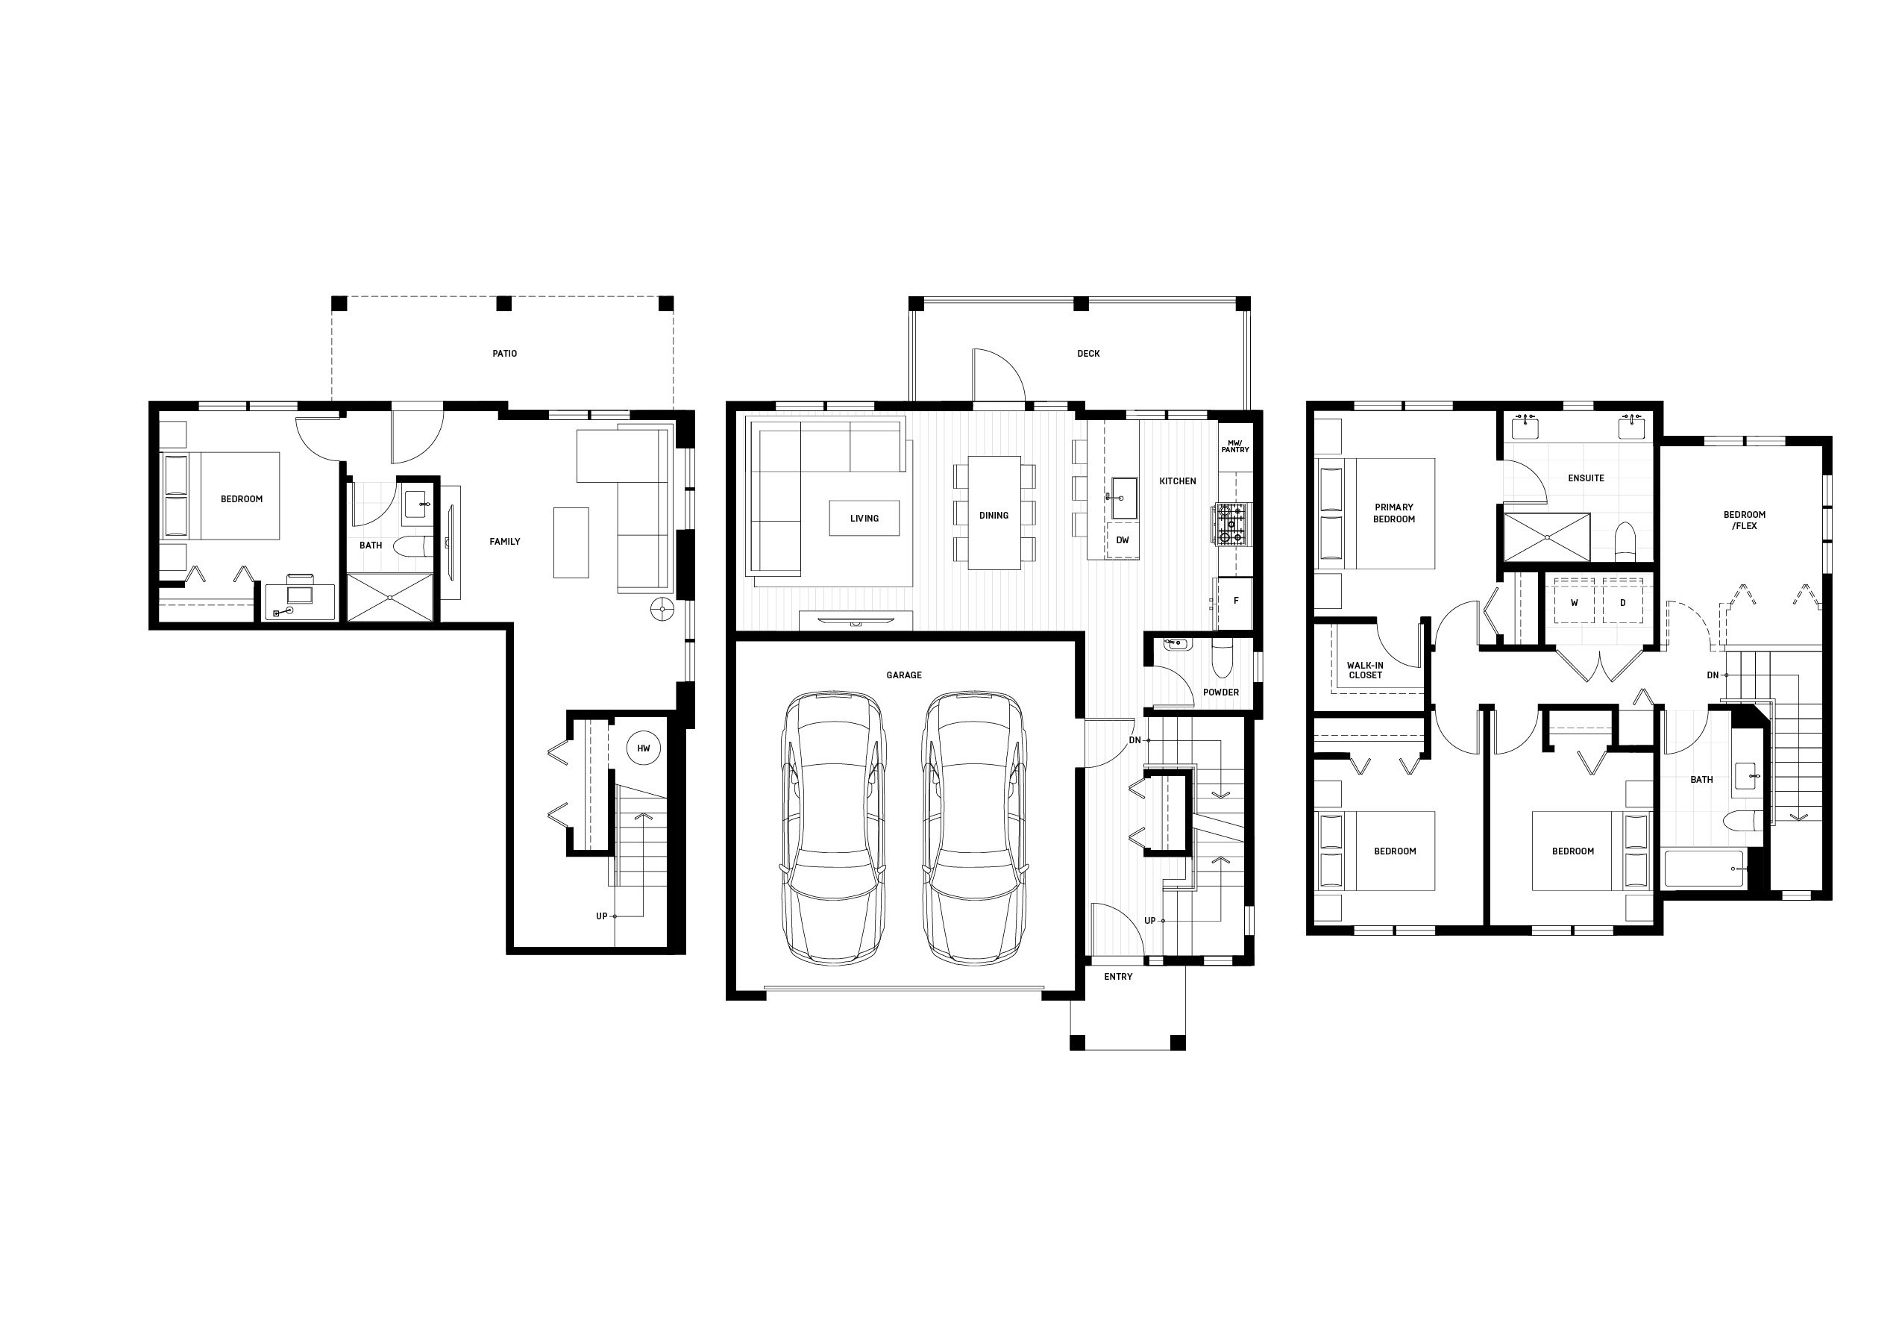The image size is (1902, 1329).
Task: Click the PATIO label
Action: [x=504, y=354]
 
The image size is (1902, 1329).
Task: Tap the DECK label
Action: [x=1088, y=354]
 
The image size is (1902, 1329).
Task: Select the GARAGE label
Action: [x=904, y=675]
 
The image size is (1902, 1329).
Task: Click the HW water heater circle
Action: [x=644, y=748]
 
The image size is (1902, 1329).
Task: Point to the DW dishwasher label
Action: [x=1123, y=540]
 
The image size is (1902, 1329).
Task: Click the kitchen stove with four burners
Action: [x=1230, y=525]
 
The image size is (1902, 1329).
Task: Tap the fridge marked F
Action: [x=1234, y=601]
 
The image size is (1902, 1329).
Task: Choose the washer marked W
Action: [x=1574, y=603]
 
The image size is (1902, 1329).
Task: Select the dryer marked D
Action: [x=1623, y=603]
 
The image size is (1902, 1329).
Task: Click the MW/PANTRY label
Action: [x=1235, y=445]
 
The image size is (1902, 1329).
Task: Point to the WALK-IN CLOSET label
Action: [x=1365, y=670]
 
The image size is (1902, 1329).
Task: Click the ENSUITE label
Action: [x=1586, y=478]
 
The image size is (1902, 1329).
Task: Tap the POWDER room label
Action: [x=1221, y=692]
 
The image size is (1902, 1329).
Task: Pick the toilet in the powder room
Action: [x=1222, y=656]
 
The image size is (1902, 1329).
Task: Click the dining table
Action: [x=994, y=512]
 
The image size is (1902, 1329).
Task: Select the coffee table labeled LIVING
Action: [x=864, y=518]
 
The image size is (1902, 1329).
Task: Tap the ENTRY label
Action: [x=1118, y=977]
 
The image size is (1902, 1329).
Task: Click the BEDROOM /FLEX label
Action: [x=1744, y=520]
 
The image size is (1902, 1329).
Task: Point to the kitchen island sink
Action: [x=1123, y=497]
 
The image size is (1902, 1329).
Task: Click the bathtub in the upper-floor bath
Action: [x=1705, y=869]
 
